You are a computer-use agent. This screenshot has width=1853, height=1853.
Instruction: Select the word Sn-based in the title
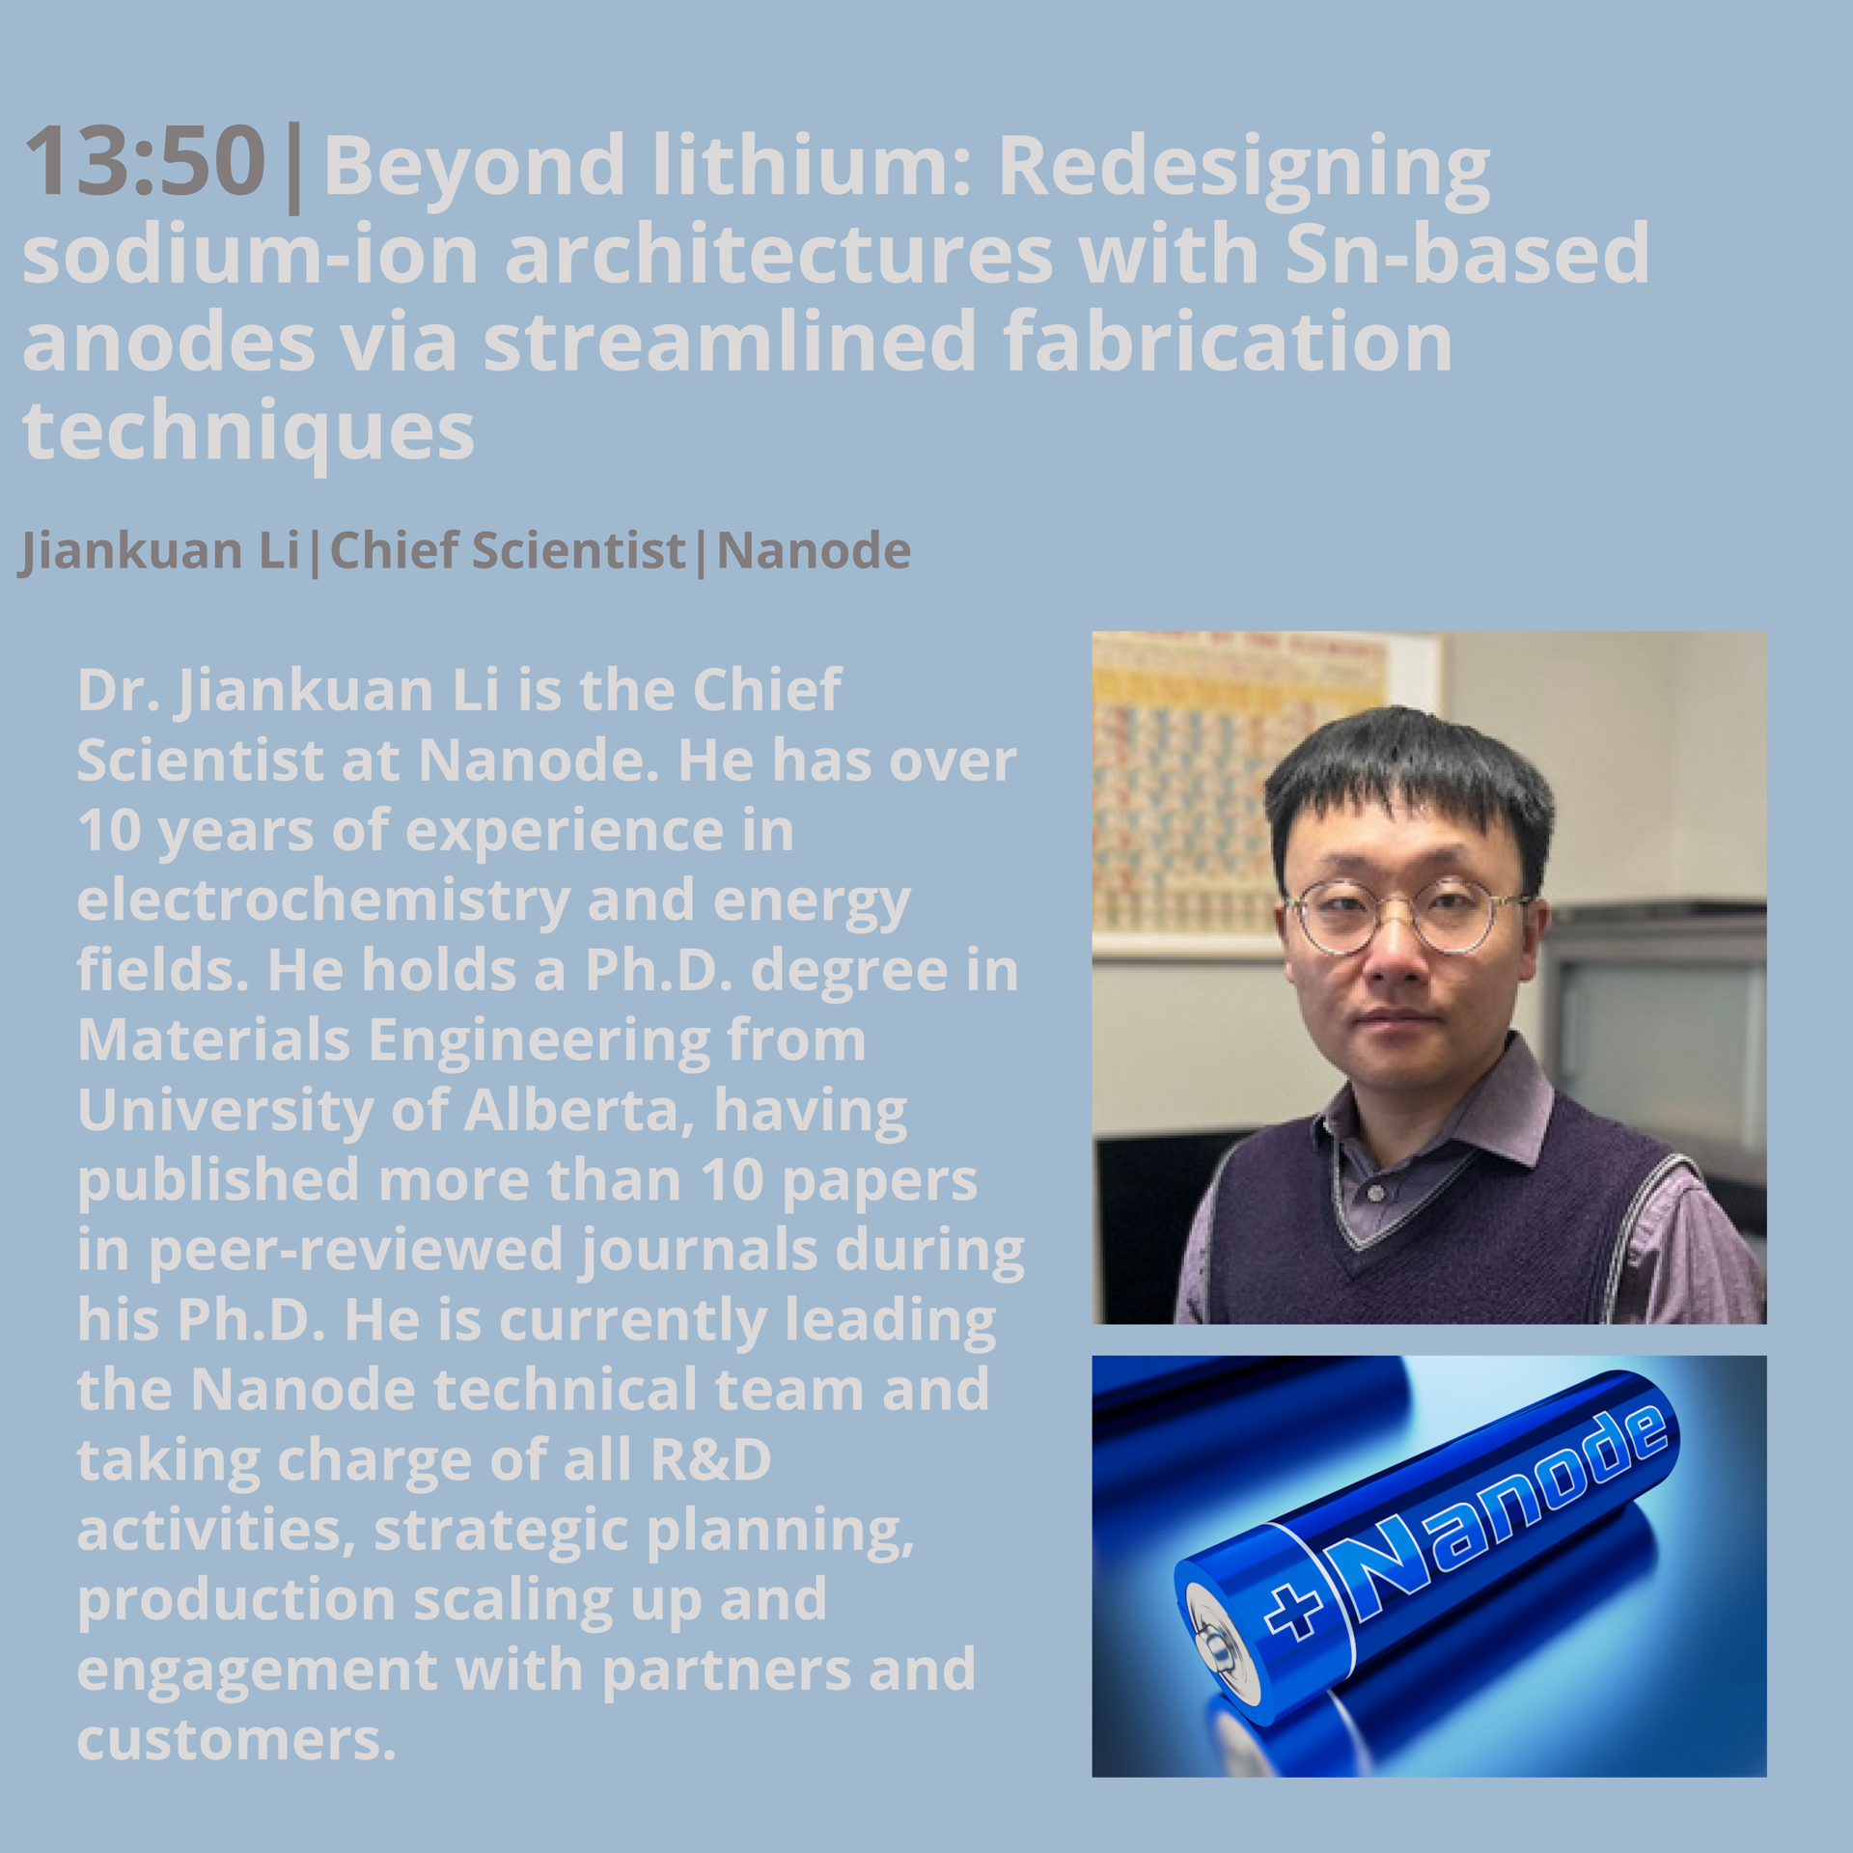[1467, 252]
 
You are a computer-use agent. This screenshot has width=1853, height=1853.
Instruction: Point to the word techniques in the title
[248, 430]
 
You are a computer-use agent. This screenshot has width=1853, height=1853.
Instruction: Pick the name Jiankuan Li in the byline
[159, 551]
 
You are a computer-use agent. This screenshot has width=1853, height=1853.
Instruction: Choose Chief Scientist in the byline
[508, 550]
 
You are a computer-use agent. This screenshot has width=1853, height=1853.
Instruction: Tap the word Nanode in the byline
[814, 550]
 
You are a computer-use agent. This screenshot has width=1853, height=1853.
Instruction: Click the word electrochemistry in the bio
[323, 900]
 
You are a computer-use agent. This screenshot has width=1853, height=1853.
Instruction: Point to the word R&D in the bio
[711, 1459]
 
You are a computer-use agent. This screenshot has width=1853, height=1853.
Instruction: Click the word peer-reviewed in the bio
[354, 1251]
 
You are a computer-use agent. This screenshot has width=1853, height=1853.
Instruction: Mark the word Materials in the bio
[213, 1040]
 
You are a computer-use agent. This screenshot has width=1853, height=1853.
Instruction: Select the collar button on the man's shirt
[1376, 1194]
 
